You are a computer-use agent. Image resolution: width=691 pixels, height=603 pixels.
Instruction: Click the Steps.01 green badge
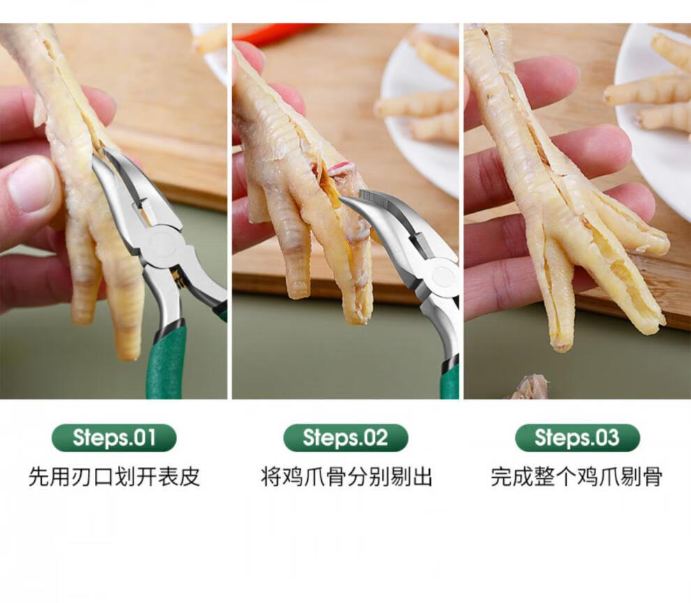pyautogui.click(x=114, y=438)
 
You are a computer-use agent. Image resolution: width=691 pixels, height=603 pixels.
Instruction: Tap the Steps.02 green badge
pyautogui.click(x=345, y=438)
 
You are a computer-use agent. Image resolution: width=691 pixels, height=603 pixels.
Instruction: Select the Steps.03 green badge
pyautogui.click(x=577, y=438)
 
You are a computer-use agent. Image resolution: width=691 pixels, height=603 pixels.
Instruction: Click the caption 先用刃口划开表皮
pyautogui.click(x=114, y=477)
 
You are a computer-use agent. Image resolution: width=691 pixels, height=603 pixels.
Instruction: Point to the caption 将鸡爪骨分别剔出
pyautogui.click(x=346, y=477)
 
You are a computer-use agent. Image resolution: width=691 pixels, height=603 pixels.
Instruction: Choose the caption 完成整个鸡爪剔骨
pyautogui.click(x=577, y=477)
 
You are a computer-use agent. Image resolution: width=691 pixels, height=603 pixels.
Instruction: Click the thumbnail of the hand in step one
pyautogui.click(x=31, y=184)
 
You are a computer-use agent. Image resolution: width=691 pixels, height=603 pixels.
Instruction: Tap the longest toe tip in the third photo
pyautogui.click(x=560, y=346)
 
